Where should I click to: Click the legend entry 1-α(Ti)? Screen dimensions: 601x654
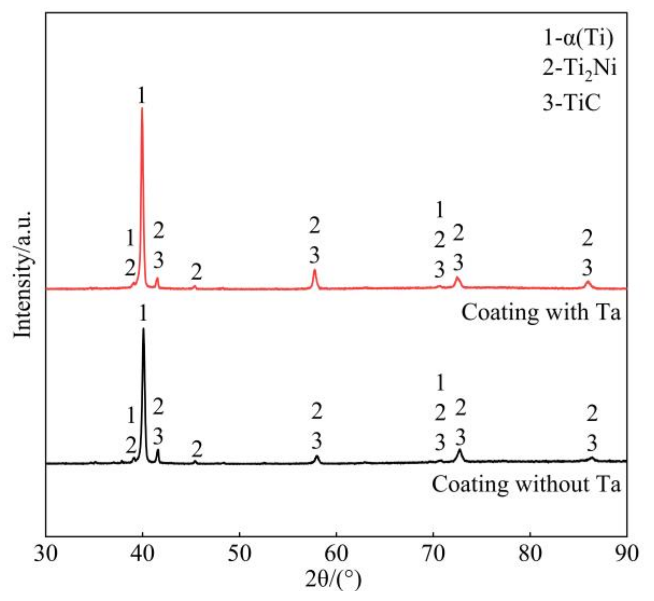pos(578,38)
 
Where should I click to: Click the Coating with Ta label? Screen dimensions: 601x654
pos(540,313)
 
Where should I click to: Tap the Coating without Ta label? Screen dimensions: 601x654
pos(526,484)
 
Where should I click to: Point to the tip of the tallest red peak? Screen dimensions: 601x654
pos(142,108)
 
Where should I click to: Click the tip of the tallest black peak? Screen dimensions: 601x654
pos(143,328)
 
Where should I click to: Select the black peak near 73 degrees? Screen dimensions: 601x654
pos(460,450)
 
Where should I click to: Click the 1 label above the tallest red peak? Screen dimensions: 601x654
pos(142,95)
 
